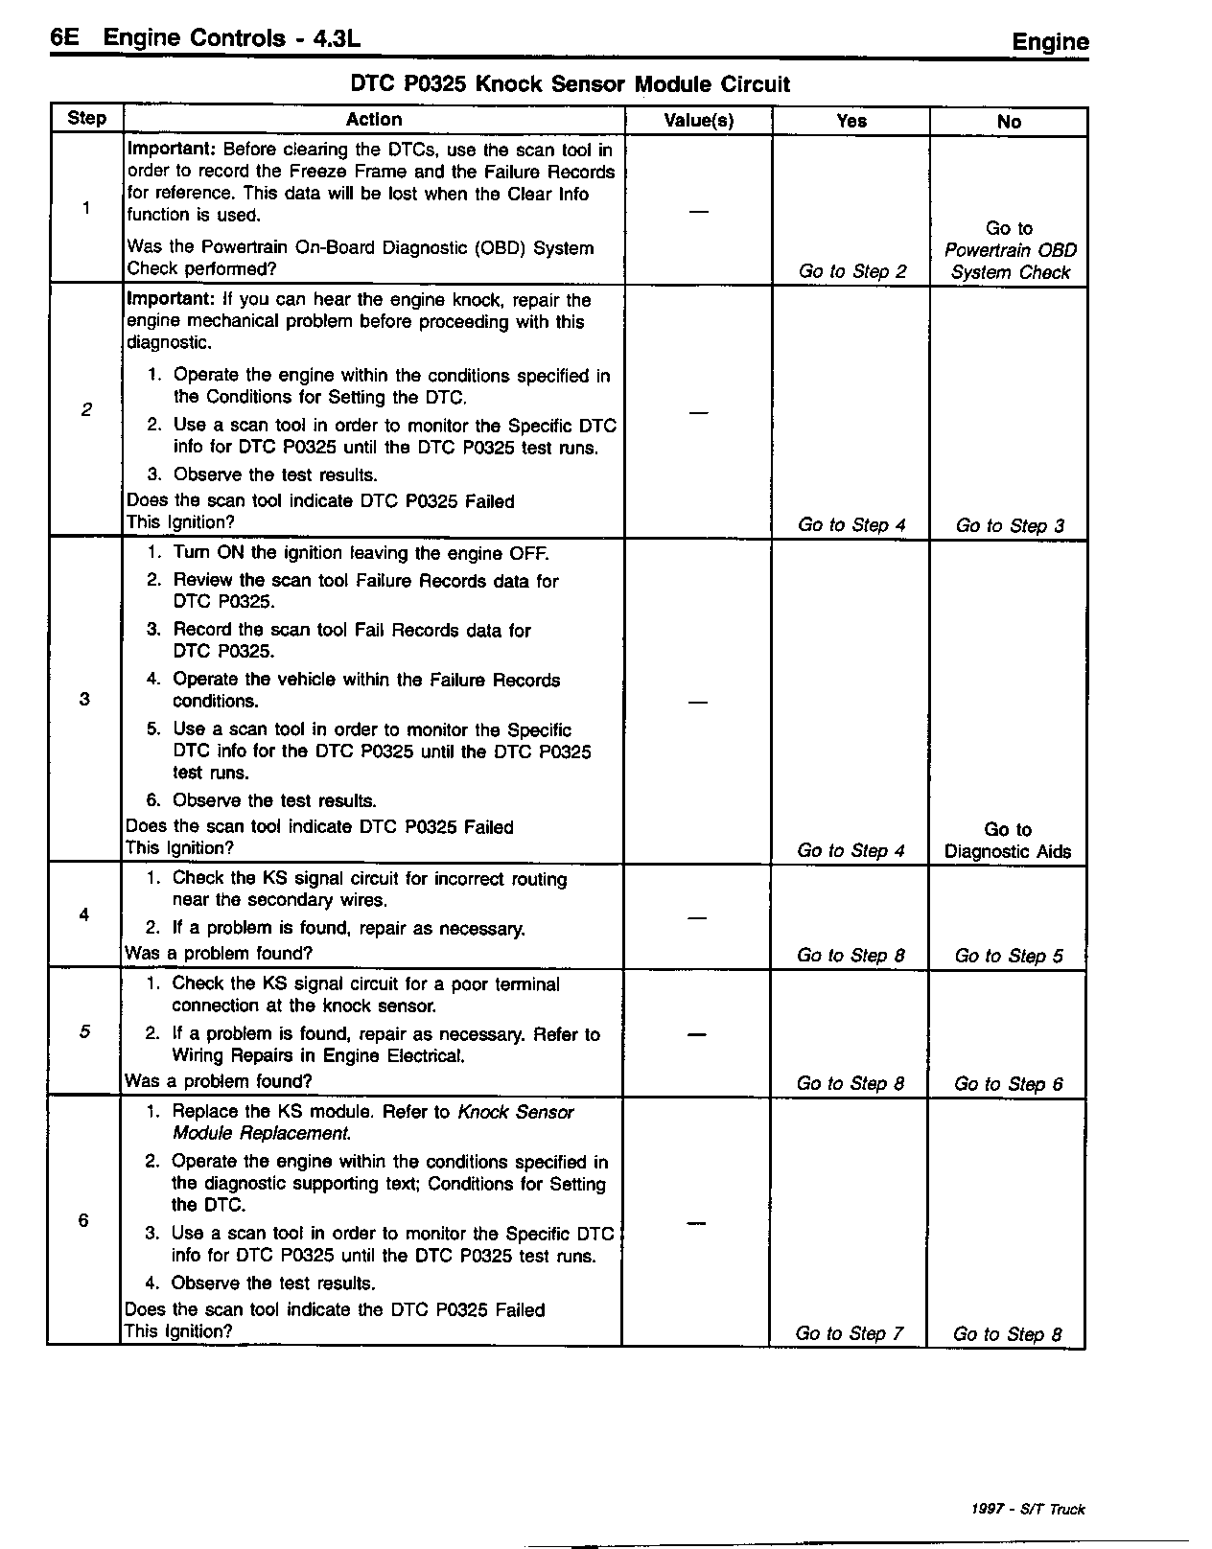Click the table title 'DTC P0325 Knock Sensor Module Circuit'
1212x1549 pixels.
[570, 84]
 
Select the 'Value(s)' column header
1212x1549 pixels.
[698, 120]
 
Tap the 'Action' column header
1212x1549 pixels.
[373, 119]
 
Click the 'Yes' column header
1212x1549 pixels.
[851, 121]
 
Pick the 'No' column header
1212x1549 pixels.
[1009, 122]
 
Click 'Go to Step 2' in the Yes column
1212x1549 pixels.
[851, 271]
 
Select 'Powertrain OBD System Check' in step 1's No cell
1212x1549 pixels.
[1010, 261]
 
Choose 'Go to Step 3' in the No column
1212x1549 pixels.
[1010, 525]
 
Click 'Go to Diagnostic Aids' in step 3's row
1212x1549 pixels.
[1008, 841]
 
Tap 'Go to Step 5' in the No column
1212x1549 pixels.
[1009, 956]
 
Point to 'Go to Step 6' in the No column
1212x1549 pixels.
[1008, 1084]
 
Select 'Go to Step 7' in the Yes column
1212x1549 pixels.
[849, 1333]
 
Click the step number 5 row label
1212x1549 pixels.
[84, 1031]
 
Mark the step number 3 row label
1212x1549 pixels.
[84, 699]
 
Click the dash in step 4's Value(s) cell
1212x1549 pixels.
[697, 917]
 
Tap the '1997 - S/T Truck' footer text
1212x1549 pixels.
[1027, 1509]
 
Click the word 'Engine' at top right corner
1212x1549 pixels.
[1050, 41]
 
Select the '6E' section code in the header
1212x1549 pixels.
[64, 37]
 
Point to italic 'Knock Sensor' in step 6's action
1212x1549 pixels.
[516, 1112]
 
